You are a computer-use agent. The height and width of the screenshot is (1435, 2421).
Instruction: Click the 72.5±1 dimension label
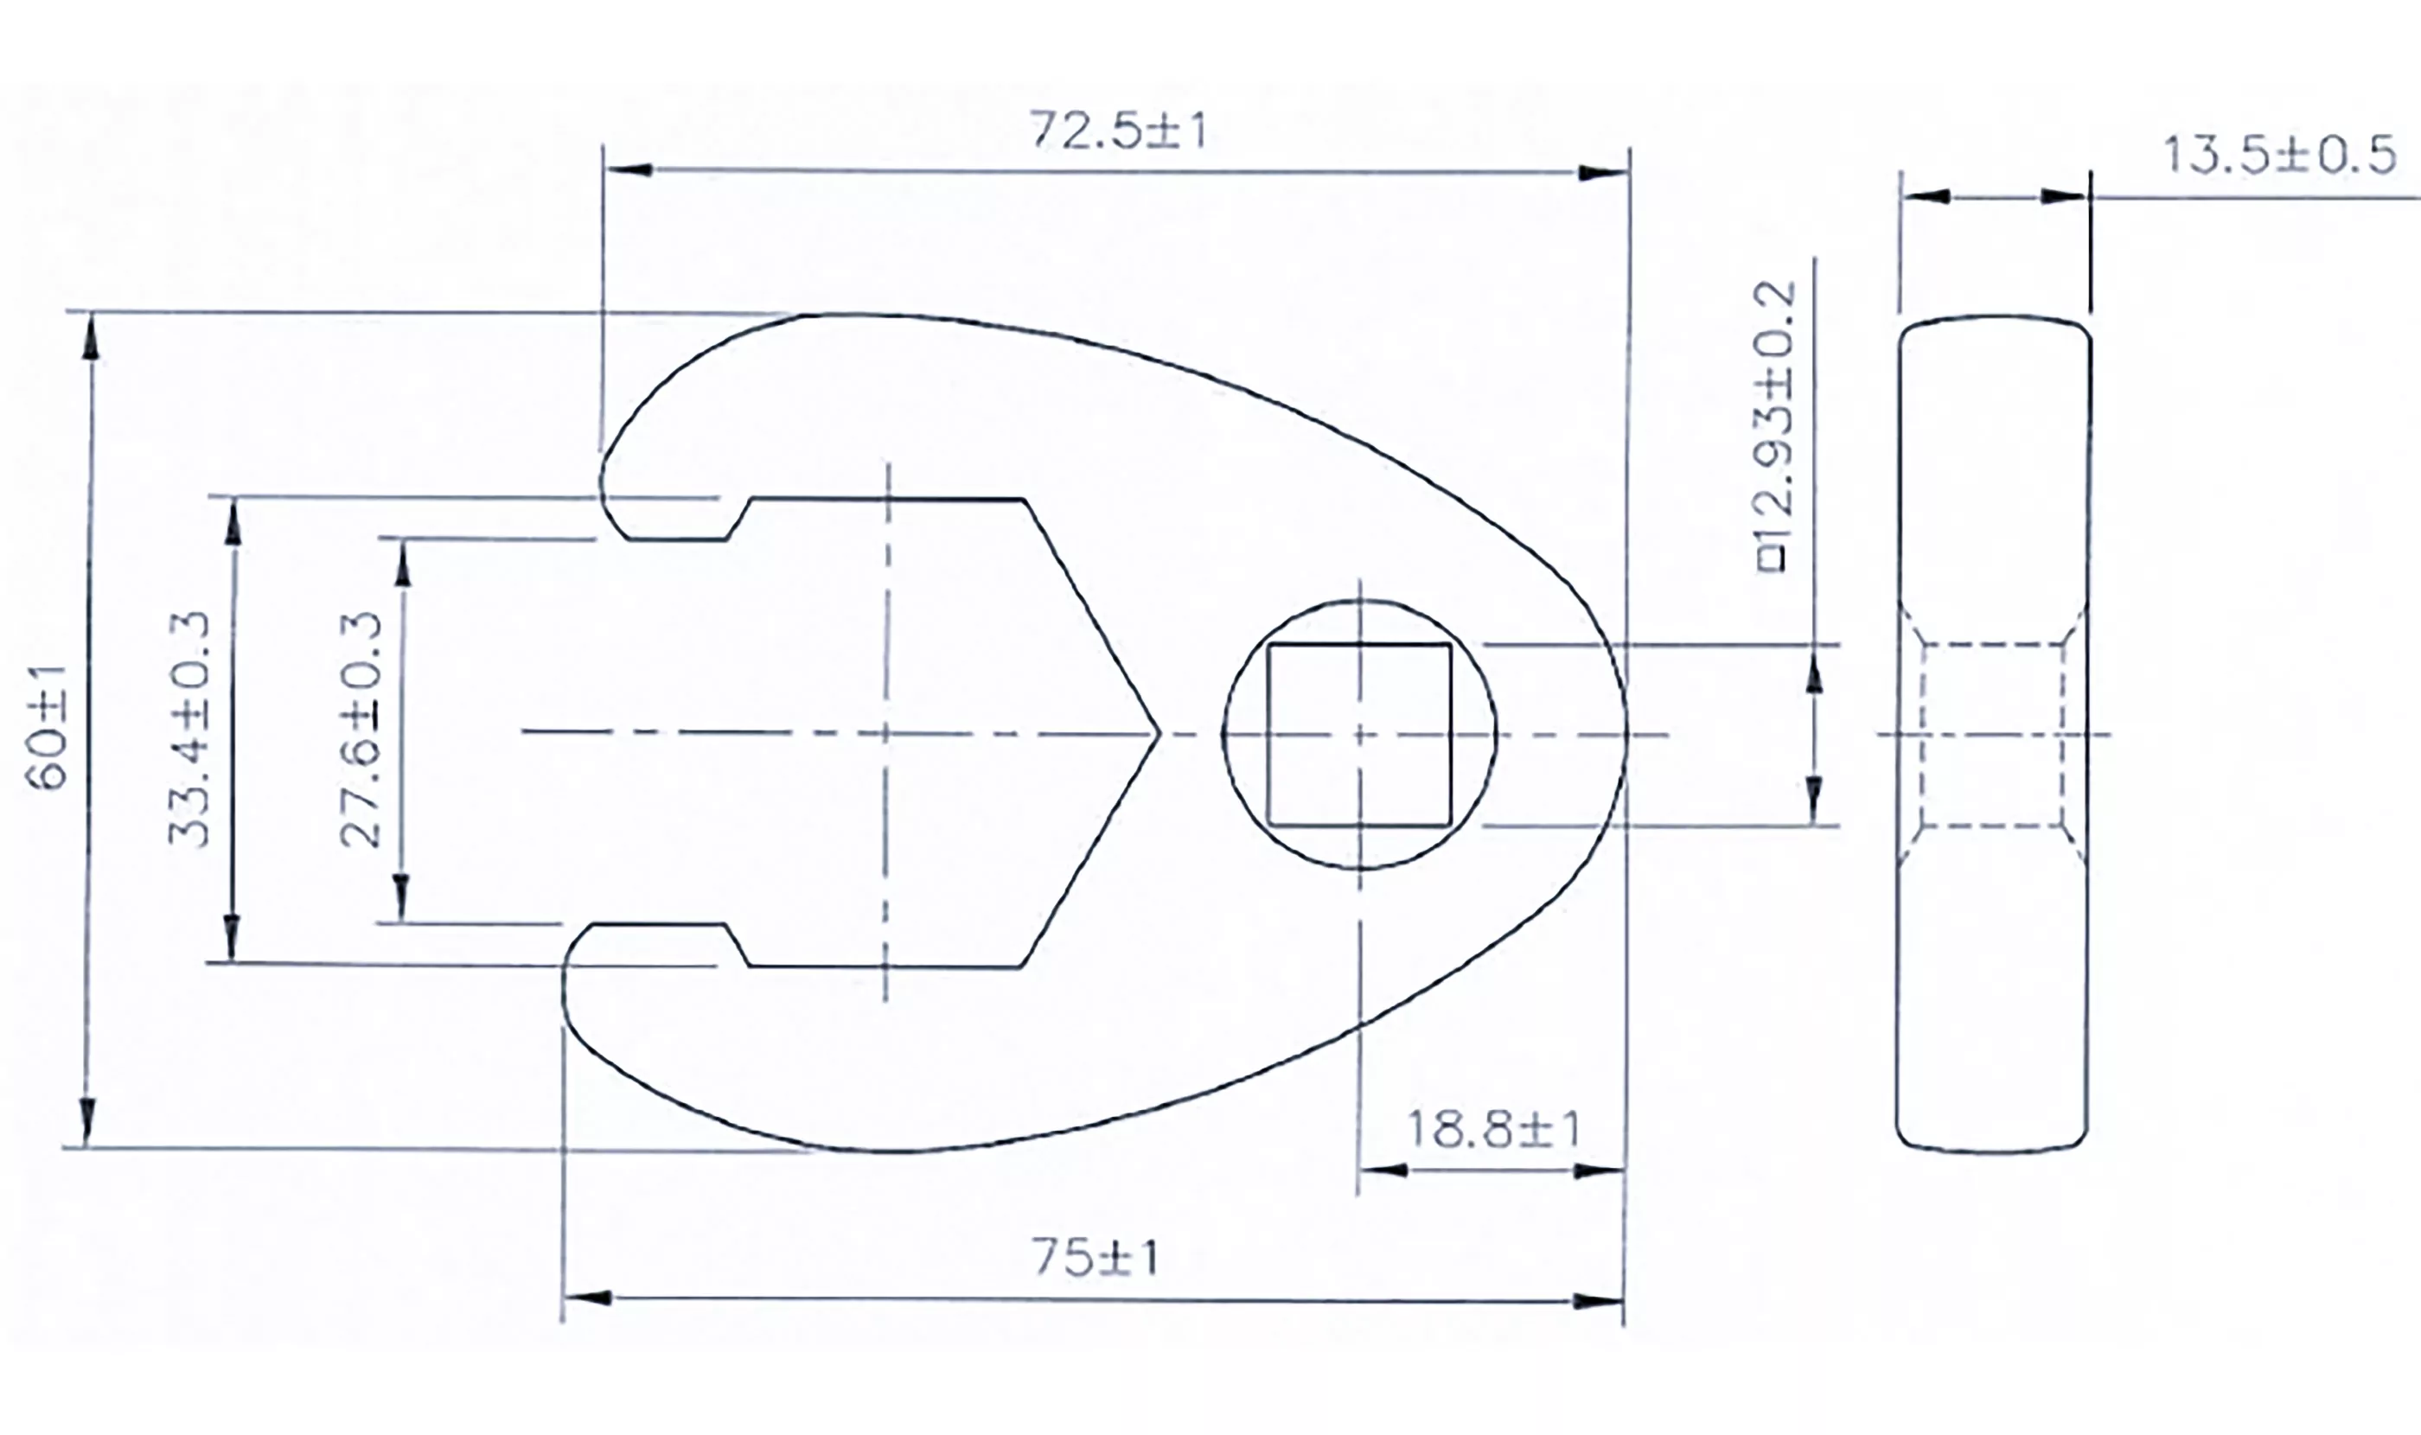[x=1118, y=131]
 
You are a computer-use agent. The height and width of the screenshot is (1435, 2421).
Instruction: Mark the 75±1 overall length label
[x=1095, y=1258]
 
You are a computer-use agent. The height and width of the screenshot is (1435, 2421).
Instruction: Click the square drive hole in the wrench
[x=1359, y=735]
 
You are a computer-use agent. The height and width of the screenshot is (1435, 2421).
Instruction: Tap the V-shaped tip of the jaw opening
[x=1155, y=734]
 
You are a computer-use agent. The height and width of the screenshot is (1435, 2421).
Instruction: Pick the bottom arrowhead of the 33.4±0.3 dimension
[x=231, y=938]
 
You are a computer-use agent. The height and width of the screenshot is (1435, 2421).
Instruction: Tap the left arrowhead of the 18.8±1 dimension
[x=1383, y=1170]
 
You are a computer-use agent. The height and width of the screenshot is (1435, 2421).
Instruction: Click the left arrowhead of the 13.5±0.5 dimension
[x=1926, y=197]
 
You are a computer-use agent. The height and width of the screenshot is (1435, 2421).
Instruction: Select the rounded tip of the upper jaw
[x=604, y=488]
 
